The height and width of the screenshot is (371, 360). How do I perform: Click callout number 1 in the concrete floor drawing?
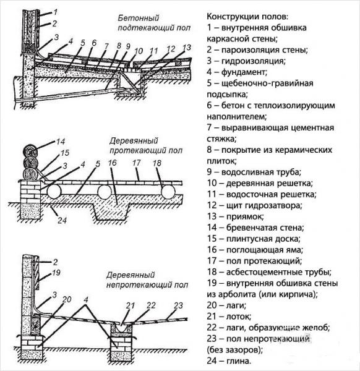click(54, 12)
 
